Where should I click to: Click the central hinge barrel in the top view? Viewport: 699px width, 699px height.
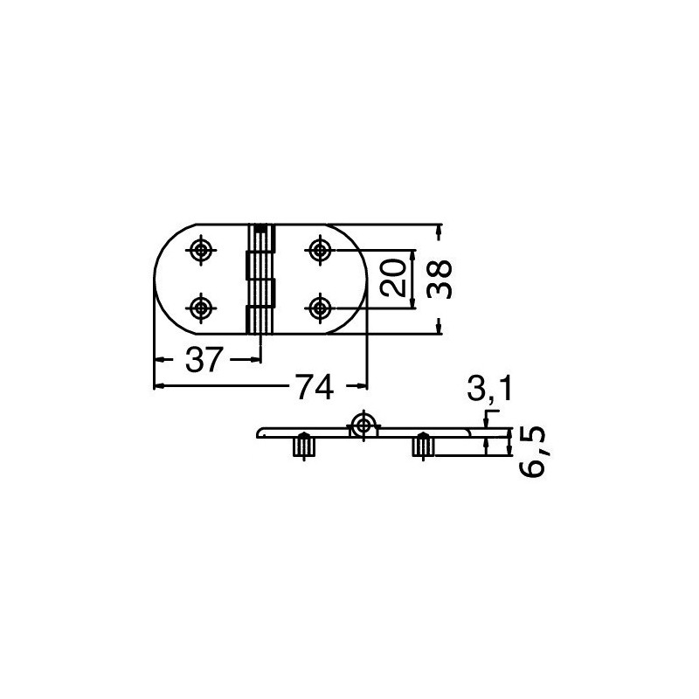click(x=260, y=279)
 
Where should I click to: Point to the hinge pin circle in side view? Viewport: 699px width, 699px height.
click(x=363, y=426)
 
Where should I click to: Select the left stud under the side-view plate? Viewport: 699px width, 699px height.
click(x=304, y=446)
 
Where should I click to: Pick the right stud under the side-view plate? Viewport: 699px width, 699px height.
click(x=421, y=446)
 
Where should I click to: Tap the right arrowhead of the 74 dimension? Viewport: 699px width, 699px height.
click(x=361, y=386)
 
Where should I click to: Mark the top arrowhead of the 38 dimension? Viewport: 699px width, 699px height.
click(x=439, y=229)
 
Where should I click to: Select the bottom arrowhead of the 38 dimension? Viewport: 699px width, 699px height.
click(x=439, y=329)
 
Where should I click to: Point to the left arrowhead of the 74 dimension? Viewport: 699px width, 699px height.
click(x=159, y=386)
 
